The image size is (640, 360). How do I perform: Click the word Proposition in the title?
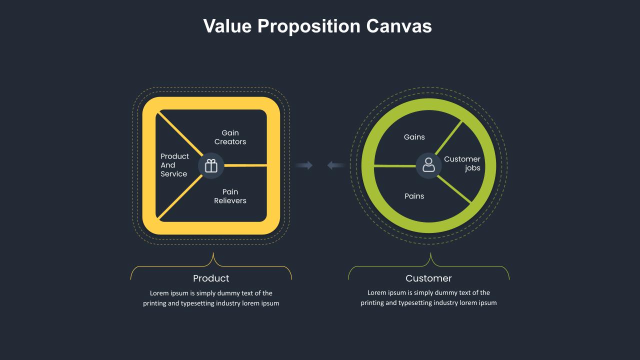(x=308, y=26)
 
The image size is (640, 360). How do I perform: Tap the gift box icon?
(x=211, y=165)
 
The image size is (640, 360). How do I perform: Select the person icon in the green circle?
(x=428, y=165)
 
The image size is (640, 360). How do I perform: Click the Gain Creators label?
(x=230, y=137)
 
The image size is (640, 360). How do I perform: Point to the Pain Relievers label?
(x=230, y=196)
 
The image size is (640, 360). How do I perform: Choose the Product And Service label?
(x=174, y=165)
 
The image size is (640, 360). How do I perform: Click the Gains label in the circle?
(x=414, y=137)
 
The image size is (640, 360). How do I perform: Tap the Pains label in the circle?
(x=414, y=196)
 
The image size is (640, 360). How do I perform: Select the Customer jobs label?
(x=462, y=163)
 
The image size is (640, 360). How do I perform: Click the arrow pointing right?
(x=304, y=165)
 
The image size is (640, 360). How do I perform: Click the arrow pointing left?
(x=335, y=165)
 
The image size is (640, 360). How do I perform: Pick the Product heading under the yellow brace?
(x=211, y=278)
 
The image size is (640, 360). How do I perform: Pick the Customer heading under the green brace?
(x=428, y=278)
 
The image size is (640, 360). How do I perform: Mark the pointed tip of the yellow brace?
(x=213, y=253)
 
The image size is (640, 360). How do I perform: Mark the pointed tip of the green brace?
(x=430, y=253)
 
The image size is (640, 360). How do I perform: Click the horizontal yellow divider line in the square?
(x=245, y=165)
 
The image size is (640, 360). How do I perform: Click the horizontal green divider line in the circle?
(x=395, y=165)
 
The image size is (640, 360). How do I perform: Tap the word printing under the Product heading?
(x=154, y=303)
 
